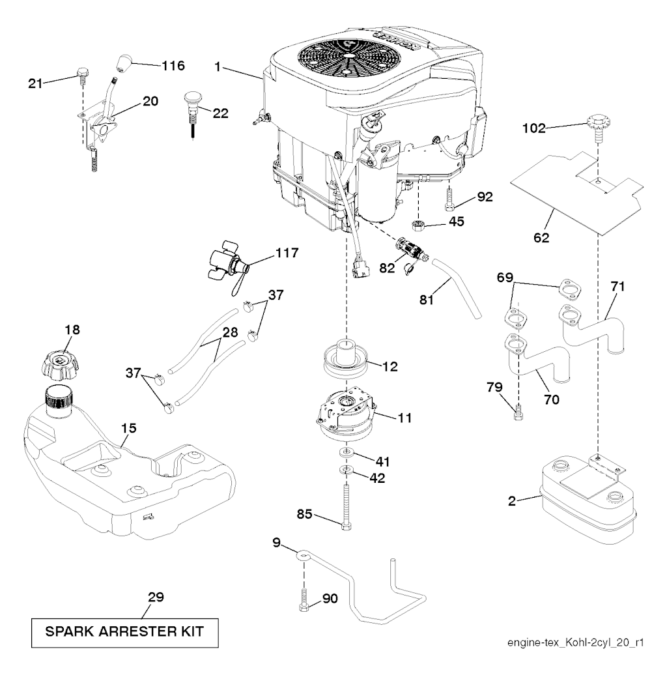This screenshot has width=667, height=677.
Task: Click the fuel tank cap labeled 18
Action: (61, 364)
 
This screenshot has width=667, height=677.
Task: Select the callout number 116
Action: (173, 66)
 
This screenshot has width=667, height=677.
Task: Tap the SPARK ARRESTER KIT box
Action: (124, 633)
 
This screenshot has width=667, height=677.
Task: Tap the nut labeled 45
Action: (418, 225)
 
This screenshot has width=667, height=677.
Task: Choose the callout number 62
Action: (541, 238)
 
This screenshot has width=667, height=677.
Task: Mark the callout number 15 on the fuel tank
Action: (129, 428)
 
